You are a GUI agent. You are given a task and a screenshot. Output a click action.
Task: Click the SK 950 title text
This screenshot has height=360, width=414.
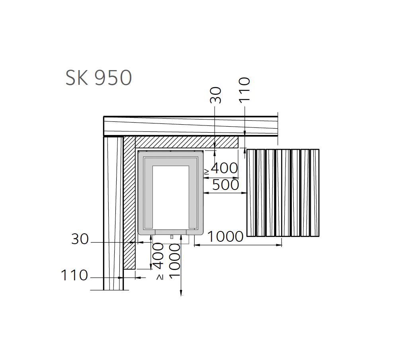(x=98, y=78)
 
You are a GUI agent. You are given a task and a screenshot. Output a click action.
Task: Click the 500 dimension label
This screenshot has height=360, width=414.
(x=226, y=185)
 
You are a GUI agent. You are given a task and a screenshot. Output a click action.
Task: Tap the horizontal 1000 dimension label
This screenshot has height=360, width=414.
(x=225, y=237)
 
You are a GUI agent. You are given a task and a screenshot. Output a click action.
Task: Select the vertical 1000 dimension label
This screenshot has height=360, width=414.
(x=174, y=261)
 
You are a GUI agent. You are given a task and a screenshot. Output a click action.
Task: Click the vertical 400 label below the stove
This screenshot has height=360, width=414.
(x=158, y=256)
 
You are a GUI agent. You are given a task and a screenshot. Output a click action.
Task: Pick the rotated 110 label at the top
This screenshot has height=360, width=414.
(x=244, y=90)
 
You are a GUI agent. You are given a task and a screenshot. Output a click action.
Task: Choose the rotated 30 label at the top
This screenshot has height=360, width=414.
(x=215, y=95)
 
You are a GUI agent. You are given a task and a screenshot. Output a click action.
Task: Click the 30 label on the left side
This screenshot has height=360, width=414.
(x=80, y=239)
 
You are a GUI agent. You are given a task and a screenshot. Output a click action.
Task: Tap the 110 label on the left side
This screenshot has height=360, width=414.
(x=74, y=275)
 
